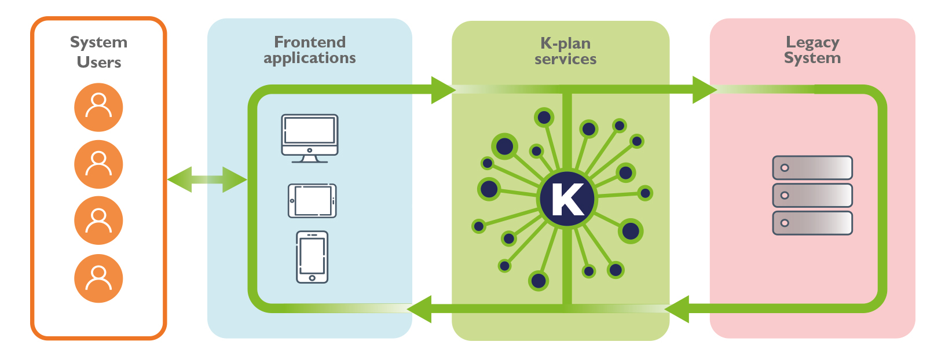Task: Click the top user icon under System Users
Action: point(98,108)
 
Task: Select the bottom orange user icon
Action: point(98,278)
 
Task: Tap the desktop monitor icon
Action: point(310,138)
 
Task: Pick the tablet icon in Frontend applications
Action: point(312,201)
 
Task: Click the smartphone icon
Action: point(312,257)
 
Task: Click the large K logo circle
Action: point(567,199)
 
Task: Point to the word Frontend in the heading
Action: point(310,42)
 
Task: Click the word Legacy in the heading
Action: point(812,42)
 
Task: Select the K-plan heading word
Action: point(565,43)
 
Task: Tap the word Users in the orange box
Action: point(99,63)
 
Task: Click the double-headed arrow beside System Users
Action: point(207,179)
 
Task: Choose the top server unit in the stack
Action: point(812,168)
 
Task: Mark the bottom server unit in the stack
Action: point(812,223)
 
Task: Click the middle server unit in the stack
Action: point(812,196)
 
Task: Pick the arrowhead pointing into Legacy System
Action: point(704,90)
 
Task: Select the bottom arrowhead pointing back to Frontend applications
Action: point(420,309)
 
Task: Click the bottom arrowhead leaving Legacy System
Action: point(677,309)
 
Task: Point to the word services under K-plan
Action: point(565,60)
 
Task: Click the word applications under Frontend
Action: point(310,58)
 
